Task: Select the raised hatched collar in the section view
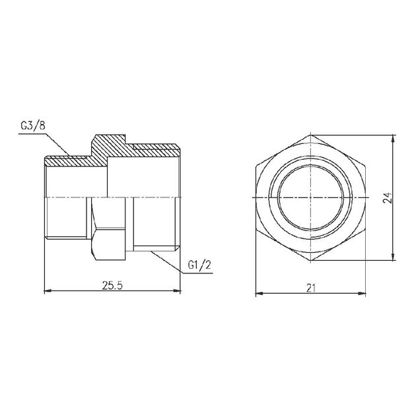pyautogui.click(x=108, y=146)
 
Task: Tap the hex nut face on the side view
pyautogui.click(x=109, y=225)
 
